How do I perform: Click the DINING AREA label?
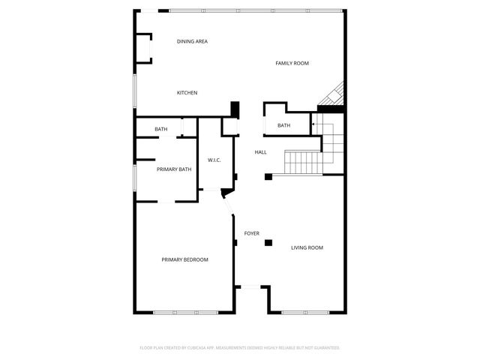pos(192,41)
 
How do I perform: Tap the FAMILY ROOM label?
pos(292,64)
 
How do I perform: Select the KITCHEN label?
pos(187,93)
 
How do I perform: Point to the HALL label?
pos(260,152)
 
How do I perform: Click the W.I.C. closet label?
pos(214,160)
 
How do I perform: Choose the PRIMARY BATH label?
pos(174,169)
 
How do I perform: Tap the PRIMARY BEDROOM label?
pos(184,259)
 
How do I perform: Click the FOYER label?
pos(252,233)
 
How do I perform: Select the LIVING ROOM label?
pos(307,247)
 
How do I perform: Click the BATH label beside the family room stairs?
pos(283,125)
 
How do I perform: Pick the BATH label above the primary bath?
pos(161,129)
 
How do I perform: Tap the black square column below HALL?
pos(268,177)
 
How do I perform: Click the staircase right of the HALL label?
pos(304,161)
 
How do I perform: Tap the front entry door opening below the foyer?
pos(250,286)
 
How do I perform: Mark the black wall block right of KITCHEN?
pos(235,108)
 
